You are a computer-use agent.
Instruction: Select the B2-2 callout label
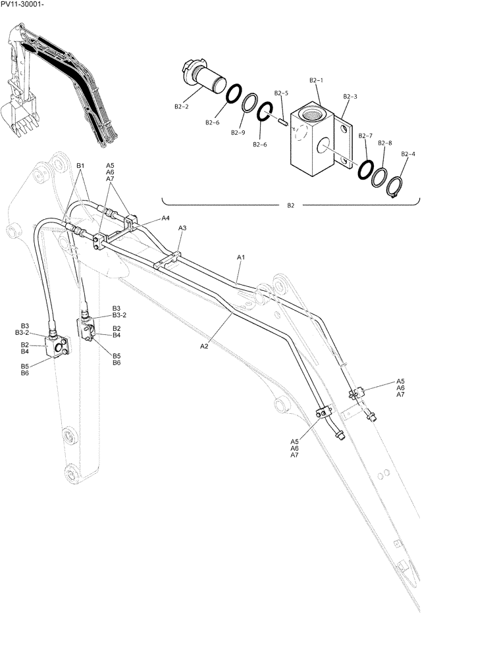pyautogui.click(x=182, y=106)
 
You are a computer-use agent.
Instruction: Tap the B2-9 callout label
pyautogui.click(x=238, y=132)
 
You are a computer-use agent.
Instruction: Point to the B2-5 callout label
pyautogui.click(x=282, y=93)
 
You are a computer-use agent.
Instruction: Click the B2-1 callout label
pyautogui.click(x=317, y=80)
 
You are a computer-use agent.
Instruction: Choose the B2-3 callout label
pyautogui.click(x=350, y=96)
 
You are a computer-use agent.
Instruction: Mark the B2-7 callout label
pyautogui.click(x=366, y=136)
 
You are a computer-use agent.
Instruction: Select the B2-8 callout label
pyautogui.click(x=385, y=143)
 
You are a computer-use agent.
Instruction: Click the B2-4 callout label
pyautogui.click(x=408, y=154)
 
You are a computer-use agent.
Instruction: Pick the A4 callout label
pyautogui.click(x=165, y=218)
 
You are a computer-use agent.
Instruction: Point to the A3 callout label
pyautogui.click(x=183, y=228)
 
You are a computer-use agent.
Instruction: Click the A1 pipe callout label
pyautogui.click(x=241, y=257)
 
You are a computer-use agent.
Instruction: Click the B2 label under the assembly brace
pyautogui.click(x=290, y=205)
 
